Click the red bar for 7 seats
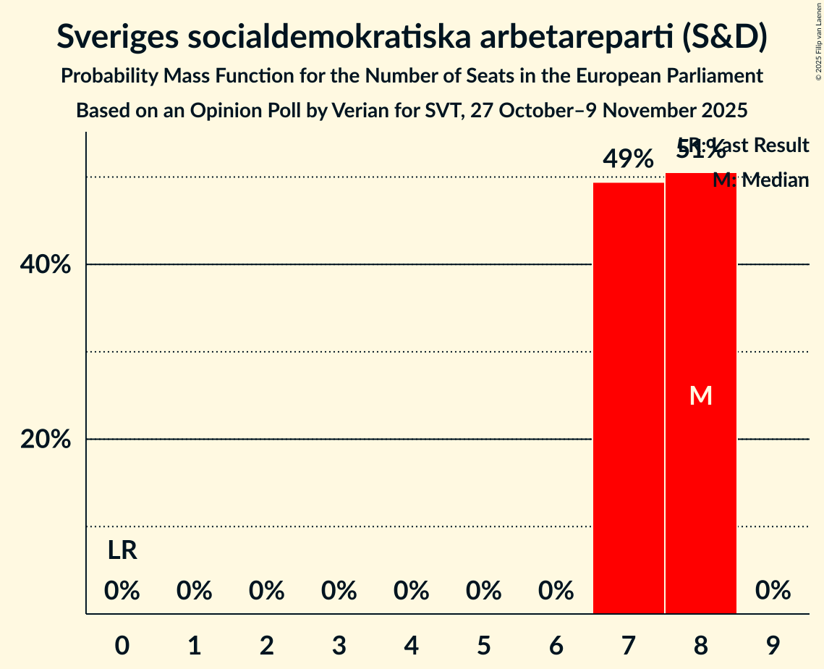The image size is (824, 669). (628, 398)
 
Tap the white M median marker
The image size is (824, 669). (700, 395)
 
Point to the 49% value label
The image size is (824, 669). (628, 159)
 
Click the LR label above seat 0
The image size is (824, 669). (122, 551)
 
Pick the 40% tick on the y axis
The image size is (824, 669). (45, 265)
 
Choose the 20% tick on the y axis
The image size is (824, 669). (45, 439)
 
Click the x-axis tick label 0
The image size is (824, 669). (122, 644)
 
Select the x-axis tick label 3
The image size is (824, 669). (339, 644)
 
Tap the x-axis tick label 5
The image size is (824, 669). (484, 644)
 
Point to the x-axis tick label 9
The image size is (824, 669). (773, 644)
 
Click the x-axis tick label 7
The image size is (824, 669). (628, 644)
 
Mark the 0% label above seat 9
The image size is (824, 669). (773, 591)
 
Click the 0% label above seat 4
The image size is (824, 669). (412, 591)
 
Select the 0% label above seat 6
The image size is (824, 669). (556, 591)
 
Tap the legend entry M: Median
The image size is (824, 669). (760, 180)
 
